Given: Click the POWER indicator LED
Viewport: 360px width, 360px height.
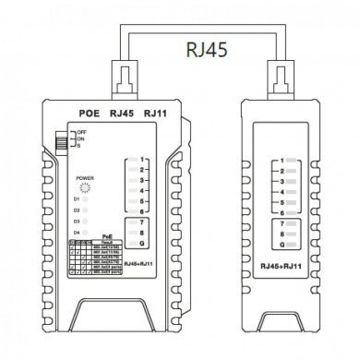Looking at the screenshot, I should (x=85, y=186).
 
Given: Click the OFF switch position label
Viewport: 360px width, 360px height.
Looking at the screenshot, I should (x=71, y=132).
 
